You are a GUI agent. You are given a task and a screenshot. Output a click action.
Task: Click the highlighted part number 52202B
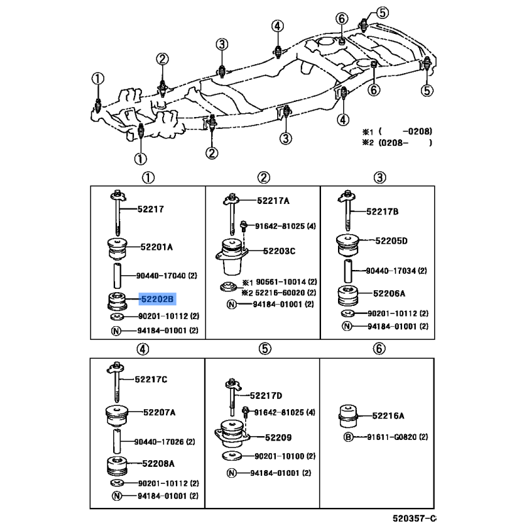tap(157, 299)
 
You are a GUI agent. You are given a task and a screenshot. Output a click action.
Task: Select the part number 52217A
tap(273, 201)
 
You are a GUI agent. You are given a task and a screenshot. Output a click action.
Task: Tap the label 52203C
tap(279, 251)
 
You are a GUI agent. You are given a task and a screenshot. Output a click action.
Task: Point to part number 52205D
tap(391, 241)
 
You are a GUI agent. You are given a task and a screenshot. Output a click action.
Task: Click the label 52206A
tap(389, 293)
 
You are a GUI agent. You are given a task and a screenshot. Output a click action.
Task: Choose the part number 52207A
tap(159, 413)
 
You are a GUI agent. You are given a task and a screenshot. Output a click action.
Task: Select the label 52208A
tap(158, 464)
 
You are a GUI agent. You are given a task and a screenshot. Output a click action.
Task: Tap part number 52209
tap(278, 437)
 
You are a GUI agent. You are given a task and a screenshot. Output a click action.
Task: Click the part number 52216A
tap(388, 416)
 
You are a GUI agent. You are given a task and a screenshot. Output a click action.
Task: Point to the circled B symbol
tap(348, 437)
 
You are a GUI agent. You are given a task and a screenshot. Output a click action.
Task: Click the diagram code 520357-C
tap(414, 518)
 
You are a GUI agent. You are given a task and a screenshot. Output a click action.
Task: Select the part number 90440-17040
tap(161, 275)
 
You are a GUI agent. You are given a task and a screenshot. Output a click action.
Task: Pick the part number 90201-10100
tap(279, 456)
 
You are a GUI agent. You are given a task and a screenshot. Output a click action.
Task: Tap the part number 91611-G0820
tap(392, 437)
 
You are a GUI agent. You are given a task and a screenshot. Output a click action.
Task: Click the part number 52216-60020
tap(280, 292)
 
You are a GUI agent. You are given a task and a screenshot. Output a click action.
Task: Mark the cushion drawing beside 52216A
tap(348, 416)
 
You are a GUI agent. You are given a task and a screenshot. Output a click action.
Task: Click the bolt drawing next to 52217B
tap(347, 211)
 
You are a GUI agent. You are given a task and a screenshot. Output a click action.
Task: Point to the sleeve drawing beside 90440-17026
tap(117, 441)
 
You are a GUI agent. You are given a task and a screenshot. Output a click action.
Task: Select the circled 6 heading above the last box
tap(379, 348)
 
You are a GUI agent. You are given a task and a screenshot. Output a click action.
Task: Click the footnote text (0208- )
tap(405, 143)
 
